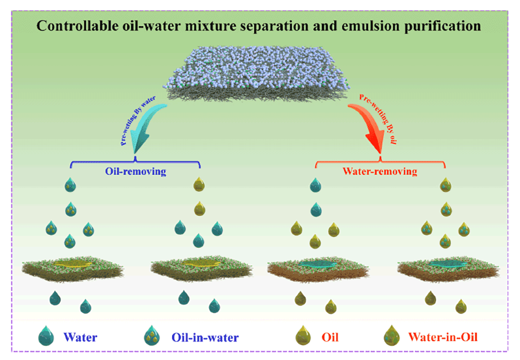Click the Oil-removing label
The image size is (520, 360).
(135, 172)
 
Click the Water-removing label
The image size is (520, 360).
(380, 172)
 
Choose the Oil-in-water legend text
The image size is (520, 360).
(205, 337)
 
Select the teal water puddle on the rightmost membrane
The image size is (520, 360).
(446, 265)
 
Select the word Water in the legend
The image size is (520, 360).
(80, 337)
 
